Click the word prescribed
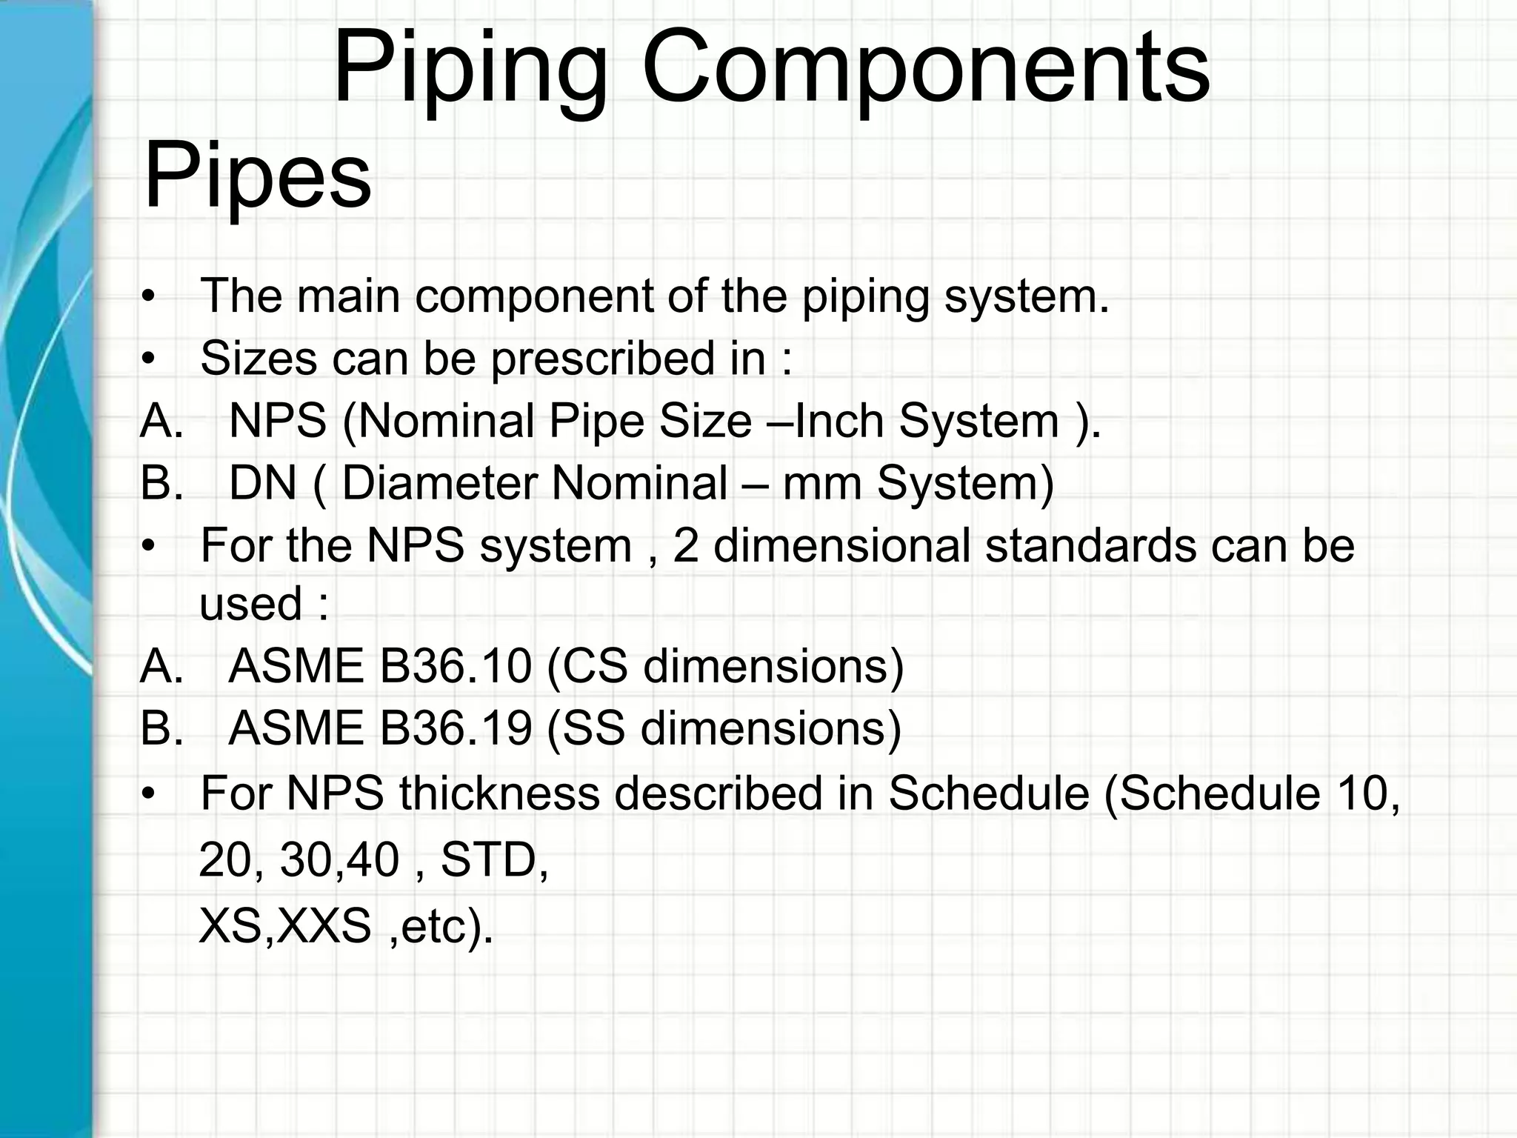pos(600,360)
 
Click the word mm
pos(822,485)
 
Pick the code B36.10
pos(456,666)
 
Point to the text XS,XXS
pos(285,926)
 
